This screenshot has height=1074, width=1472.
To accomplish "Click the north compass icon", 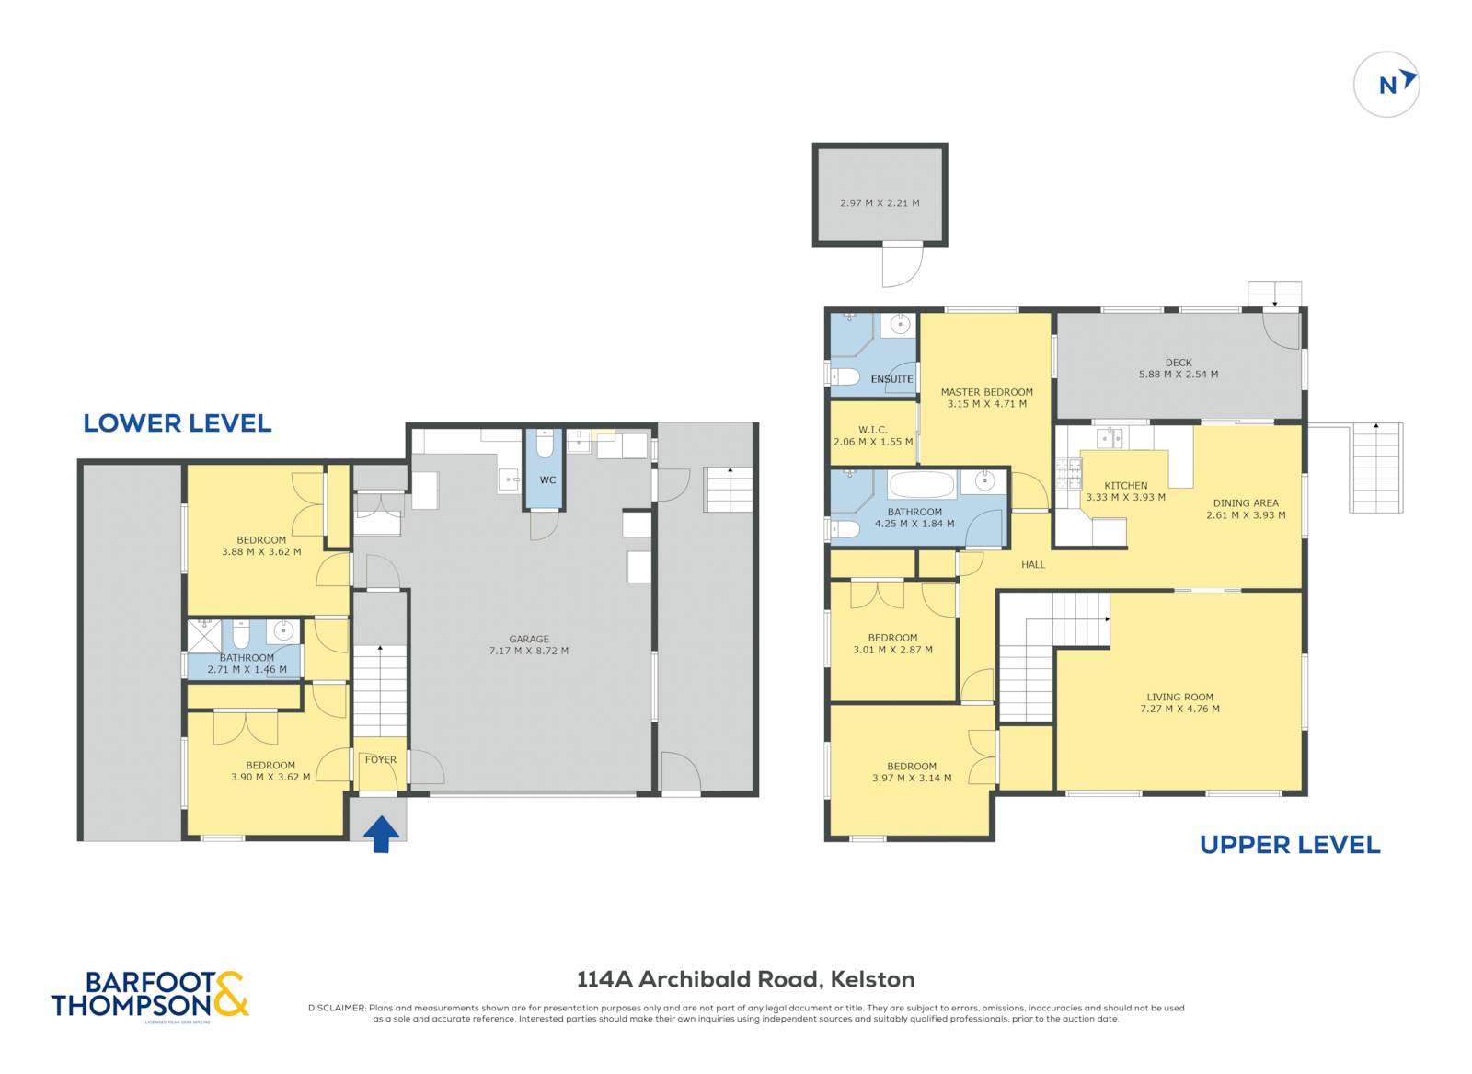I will pyautogui.click(x=1386, y=85).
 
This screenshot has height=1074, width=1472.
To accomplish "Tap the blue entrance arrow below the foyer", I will pyautogui.click(x=381, y=835).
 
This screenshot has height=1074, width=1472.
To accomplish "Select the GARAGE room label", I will pyautogui.click(x=529, y=639).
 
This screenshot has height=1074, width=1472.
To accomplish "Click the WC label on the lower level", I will pyautogui.click(x=547, y=480).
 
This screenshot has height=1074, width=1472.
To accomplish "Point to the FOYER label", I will pyautogui.click(x=380, y=759).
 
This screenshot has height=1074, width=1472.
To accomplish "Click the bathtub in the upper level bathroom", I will pyautogui.click(x=923, y=484).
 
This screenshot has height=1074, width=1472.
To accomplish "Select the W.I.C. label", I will pyautogui.click(x=871, y=429).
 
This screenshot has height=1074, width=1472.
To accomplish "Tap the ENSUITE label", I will pyautogui.click(x=891, y=379).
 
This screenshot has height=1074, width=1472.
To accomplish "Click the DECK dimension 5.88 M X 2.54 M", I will pyautogui.click(x=1178, y=375).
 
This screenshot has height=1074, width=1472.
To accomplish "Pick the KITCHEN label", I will pyautogui.click(x=1125, y=485).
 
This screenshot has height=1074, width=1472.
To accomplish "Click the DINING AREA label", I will pyautogui.click(x=1245, y=503).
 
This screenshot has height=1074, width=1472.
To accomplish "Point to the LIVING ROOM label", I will pyautogui.click(x=1179, y=698).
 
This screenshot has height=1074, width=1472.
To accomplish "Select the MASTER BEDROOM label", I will pyautogui.click(x=986, y=392).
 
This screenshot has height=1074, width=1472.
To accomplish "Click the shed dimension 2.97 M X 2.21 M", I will pyautogui.click(x=880, y=203).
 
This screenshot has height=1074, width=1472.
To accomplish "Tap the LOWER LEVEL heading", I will pyautogui.click(x=177, y=423).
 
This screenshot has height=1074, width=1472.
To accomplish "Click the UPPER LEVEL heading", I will pyautogui.click(x=1289, y=845).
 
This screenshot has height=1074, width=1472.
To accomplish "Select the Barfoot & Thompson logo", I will pyautogui.click(x=150, y=995).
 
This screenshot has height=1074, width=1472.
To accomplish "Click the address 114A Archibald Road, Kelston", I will pyautogui.click(x=745, y=979).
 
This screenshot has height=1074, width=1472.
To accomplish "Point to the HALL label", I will pyautogui.click(x=1032, y=564).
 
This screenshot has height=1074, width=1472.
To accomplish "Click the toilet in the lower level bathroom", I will pyautogui.click(x=241, y=634).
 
